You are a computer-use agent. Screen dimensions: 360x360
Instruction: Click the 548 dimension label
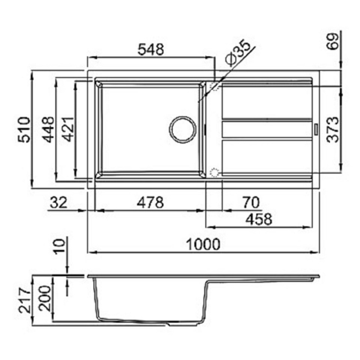click(151, 49)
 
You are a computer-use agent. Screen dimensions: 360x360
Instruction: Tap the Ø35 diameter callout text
click(238, 52)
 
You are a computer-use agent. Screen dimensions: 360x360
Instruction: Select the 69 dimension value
click(333, 41)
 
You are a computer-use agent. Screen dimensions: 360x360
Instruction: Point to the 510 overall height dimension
click(24, 130)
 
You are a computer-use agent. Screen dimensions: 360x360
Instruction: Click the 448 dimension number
click(49, 130)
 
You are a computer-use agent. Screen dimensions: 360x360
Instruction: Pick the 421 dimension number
click(68, 130)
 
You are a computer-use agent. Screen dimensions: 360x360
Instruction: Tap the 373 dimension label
click(333, 130)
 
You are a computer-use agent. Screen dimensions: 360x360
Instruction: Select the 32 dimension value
click(59, 202)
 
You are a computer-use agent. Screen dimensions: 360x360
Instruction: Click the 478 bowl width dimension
click(150, 202)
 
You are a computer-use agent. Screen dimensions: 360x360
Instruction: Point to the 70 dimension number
click(251, 202)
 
